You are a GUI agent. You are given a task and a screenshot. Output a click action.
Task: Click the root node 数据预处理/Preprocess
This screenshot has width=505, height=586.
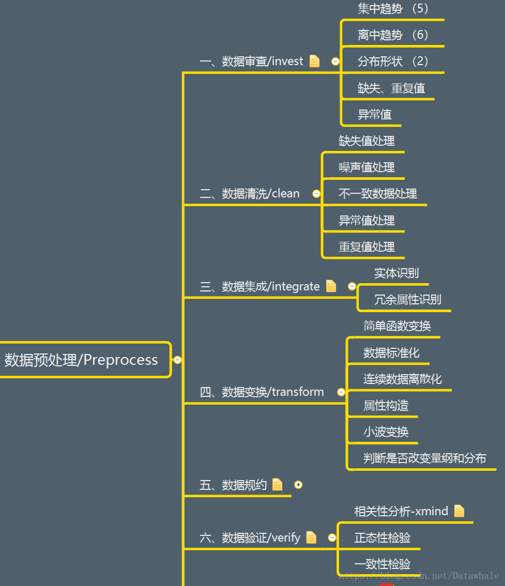[x=81, y=360]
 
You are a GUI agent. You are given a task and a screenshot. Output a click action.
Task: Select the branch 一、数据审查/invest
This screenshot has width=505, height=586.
[x=251, y=61]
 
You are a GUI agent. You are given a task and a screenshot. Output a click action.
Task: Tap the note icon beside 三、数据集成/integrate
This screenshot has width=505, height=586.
[x=331, y=286]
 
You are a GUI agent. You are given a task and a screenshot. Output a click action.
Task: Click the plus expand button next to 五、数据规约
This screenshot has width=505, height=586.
[x=298, y=485]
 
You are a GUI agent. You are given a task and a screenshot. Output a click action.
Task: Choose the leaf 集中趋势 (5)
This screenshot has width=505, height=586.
[x=393, y=9]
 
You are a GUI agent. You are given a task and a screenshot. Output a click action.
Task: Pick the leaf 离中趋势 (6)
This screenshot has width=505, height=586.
[x=393, y=35]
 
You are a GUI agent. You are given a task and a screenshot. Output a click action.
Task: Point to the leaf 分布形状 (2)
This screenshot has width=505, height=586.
[x=393, y=61]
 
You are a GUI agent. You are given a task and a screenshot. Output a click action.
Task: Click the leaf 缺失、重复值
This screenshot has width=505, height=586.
[x=391, y=88]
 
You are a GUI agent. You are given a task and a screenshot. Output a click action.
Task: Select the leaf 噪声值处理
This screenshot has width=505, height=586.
[x=366, y=167]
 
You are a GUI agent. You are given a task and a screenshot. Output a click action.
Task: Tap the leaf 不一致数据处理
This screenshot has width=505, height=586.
[x=377, y=194]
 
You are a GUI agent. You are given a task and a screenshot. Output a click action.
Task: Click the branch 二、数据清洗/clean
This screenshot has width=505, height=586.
[x=250, y=194]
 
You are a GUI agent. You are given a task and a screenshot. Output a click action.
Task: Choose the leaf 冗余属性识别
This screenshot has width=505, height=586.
[x=407, y=300]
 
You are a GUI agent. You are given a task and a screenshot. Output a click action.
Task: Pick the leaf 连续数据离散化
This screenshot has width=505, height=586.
[x=403, y=379]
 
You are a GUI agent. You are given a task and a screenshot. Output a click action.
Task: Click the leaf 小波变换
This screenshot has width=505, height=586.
[x=386, y=432]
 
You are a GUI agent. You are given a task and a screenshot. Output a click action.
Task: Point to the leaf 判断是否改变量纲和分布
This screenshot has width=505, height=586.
[x=424, y=458]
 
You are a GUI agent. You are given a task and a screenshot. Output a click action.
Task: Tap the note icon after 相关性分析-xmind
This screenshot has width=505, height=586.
[x=459, y=511]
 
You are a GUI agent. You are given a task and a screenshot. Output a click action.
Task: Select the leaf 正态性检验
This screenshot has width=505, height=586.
[x=382, y=538]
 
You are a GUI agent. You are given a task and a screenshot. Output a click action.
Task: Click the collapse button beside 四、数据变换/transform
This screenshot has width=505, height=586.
[x=341, y=392]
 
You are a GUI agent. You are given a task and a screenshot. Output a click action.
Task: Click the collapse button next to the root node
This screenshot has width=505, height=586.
[x=178, y=360]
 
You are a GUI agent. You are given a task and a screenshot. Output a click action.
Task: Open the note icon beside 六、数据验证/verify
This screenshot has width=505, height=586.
[x=311, y=537]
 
